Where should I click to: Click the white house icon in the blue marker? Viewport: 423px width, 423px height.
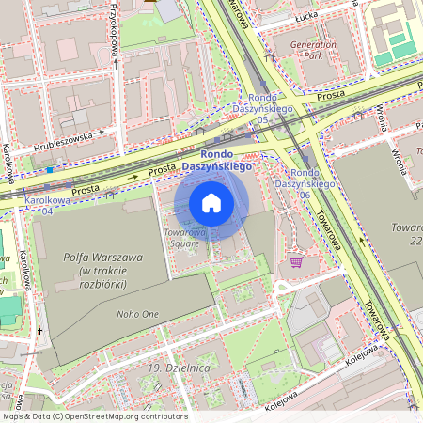point(211,203)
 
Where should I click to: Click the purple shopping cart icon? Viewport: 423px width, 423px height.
point(298,261)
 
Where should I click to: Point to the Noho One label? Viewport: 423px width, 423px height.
point(135,315)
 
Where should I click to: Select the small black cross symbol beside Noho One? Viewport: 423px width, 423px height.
point(39,331)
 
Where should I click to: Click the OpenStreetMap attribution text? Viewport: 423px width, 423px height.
point(95,415)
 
